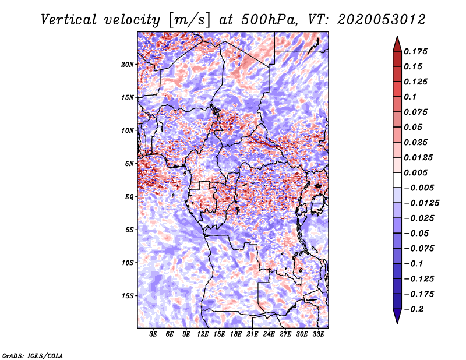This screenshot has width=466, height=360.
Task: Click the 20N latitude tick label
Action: coord(128,65)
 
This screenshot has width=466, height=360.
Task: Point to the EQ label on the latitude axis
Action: coord(129,197)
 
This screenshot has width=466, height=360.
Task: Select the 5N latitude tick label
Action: coord(129,164)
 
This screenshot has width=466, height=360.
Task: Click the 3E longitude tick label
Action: coord(153,334)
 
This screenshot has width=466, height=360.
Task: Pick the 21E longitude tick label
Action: coord(252,334)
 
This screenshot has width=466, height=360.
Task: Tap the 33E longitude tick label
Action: coord(318,334)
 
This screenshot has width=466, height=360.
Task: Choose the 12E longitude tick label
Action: coord(203,334)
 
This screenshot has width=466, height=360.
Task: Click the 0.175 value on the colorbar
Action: coord(415,51)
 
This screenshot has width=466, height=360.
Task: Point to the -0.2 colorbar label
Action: coord(414,309)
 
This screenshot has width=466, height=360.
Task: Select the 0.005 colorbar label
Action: coord(415,172)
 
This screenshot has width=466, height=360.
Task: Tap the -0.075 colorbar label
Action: coord(419,249)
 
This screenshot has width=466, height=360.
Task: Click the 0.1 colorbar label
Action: coord(410,97)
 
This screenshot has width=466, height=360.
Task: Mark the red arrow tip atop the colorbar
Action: coord(397,36)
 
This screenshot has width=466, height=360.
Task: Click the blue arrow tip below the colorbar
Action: coord(397,323)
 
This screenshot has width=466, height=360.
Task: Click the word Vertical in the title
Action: coord(69,20)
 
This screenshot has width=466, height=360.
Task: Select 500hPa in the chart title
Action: coord(269,20)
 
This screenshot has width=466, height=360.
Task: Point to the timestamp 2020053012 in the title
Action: coord(382,20)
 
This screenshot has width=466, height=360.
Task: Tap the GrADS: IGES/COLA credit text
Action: coord(33,356)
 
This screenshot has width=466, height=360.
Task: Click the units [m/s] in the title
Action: coord(189,20)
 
